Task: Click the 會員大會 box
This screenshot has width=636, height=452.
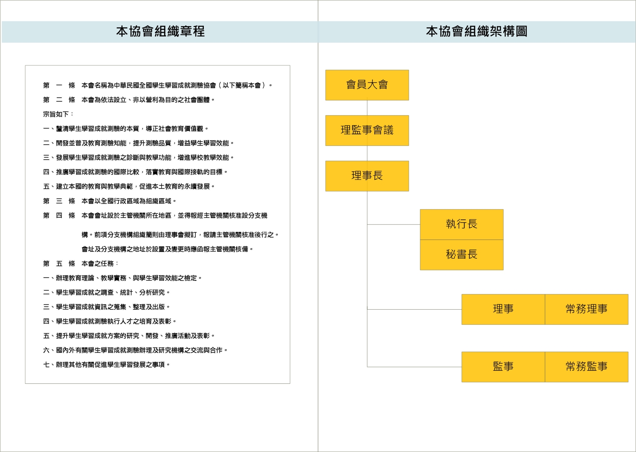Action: coord(367,85)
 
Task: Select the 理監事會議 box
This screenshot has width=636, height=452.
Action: coord(367,130)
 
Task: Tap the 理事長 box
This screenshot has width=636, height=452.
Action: coord(367,176)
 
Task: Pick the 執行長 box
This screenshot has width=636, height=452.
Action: coord(462,225)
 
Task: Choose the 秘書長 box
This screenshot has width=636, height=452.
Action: coord(462,255)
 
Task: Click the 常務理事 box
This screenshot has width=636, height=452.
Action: coord(587,309)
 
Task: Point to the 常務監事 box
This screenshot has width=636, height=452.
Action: coord(587,367)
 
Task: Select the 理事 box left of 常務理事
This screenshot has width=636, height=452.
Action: coord(503,309)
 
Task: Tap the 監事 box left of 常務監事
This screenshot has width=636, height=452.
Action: coord(503,367)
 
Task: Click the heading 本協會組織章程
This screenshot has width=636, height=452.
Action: coord(161,31)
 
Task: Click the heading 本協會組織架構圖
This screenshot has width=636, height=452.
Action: coord(477,31)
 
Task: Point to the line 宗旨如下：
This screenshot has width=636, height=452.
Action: coord(58,114)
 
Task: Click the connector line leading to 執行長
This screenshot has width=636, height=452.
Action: coord(394,225)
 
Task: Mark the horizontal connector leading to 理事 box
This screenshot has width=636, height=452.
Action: coord(415,309)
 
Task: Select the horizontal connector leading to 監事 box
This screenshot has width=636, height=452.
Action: coord(415,367)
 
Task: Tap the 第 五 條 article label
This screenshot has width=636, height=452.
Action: coord(59,263)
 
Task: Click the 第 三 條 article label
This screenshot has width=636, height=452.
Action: coord(59,201)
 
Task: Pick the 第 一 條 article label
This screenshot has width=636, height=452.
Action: coord(59,85)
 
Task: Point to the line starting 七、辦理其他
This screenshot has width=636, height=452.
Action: coord(106,365)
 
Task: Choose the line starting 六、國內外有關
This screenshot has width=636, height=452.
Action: coord(135,350)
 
